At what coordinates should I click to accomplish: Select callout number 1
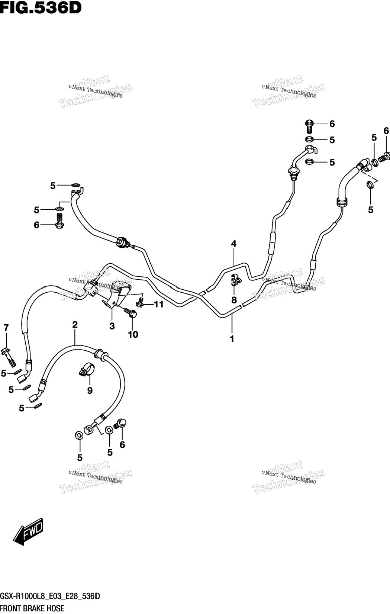tap(232, 339)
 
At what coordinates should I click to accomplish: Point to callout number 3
tap(112, 326)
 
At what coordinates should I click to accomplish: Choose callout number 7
tap(6, 327)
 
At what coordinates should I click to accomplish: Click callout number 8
tap(234, 300)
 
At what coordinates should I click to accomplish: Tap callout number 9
tap(90, 390)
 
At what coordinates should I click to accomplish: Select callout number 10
tap(133, 334)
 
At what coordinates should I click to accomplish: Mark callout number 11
tap(158, 304)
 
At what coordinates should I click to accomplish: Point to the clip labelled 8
tap(235, 280)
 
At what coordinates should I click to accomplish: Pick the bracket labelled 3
tap(116, 295)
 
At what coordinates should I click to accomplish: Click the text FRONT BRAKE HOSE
tap(32, 608)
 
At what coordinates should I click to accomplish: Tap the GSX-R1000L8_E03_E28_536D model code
tap(50, 596)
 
